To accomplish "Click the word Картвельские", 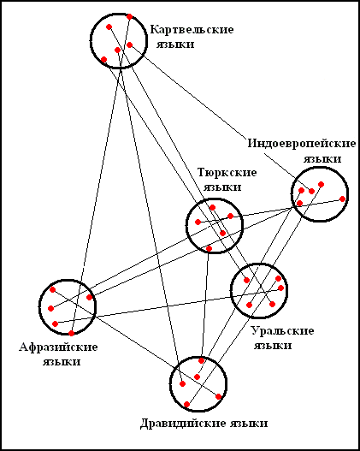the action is pos(192,30).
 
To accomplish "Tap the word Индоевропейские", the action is pos(302,143).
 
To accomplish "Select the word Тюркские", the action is pos(227,173).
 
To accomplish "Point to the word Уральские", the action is pos(283,331).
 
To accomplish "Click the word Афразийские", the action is pos(58,347).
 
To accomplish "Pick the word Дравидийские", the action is pos(184,424).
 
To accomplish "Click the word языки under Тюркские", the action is pos(222,187).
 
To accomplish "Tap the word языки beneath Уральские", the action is pos(273,346).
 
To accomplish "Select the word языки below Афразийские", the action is pos(62,362).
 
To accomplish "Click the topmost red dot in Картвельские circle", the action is pos(130,16).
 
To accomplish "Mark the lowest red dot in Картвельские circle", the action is pos(104,60).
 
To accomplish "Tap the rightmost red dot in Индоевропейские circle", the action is pos(342,199).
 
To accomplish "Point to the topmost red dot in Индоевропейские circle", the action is pos(322,184).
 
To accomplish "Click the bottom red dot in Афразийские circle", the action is pos(71,333).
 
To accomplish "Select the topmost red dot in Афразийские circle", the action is pos(52,289).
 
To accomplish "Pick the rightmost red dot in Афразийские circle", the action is pos(89,297).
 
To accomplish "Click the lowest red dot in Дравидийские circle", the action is pos(186,405).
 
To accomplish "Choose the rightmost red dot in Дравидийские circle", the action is pos(219,396).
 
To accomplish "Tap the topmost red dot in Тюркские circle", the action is pos(212,207).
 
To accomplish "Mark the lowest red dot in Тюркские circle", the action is pos(210,248).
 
